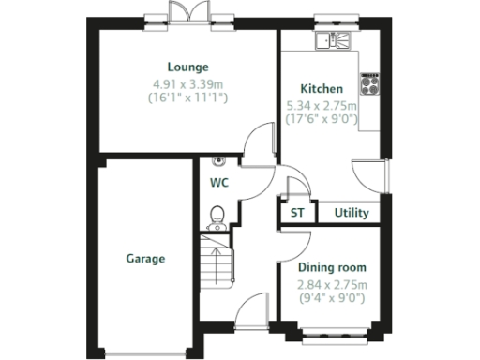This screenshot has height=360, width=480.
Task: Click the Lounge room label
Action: coord(187,67)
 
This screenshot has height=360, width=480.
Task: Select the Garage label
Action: coord(145,259)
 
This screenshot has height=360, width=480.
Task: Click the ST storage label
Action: coord(297,213)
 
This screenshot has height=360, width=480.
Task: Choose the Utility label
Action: coord(352,213)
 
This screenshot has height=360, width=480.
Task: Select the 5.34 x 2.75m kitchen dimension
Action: coord(322,107)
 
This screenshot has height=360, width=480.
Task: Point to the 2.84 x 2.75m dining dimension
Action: coord(332,285)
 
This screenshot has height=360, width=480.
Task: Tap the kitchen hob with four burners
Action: coord(368,81)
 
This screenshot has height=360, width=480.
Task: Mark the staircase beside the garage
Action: coord(215,260)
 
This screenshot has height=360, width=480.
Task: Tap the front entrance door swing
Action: coord(251,309)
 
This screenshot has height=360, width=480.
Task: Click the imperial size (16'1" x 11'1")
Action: coord(187,97)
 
